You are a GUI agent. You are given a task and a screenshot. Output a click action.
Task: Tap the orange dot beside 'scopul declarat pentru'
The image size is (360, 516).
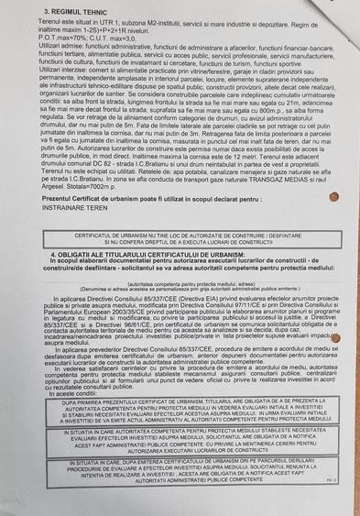click(x=308, y=196)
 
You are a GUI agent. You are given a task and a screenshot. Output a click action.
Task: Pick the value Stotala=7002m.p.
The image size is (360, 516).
click(x=107, y=186)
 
